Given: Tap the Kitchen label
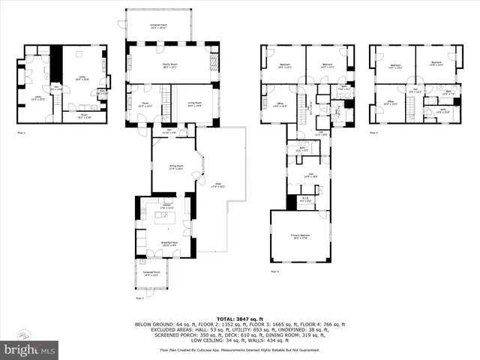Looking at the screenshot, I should click(168, 205).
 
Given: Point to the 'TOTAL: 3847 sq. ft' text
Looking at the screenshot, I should click(239, 319).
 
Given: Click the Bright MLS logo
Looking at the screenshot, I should click(30, 349).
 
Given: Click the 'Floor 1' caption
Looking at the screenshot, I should click(20, 133).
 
